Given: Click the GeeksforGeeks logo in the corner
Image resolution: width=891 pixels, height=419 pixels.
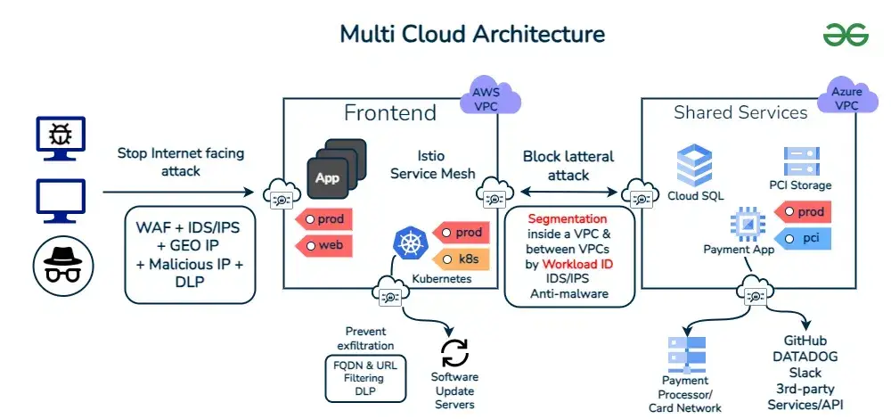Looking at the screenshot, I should (846, 34).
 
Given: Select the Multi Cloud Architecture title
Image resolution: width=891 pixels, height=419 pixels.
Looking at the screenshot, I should (472, 34).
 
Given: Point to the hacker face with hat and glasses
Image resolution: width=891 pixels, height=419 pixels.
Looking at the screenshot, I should (60, 258).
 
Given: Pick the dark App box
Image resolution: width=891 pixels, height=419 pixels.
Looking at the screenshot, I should (327, 177).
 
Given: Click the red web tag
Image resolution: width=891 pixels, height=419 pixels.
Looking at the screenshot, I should (323, 244).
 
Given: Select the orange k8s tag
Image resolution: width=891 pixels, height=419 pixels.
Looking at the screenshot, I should (461, 259).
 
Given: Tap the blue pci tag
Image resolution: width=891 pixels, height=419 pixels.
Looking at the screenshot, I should (804, 238).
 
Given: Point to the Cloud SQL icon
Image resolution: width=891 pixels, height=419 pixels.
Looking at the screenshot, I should (695, 165).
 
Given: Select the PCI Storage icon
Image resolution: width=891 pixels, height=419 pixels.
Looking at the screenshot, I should (801, 161).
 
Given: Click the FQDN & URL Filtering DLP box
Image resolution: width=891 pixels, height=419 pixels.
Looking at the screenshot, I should (365, 379).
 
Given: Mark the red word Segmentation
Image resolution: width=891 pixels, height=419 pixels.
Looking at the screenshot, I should (568, 218).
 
